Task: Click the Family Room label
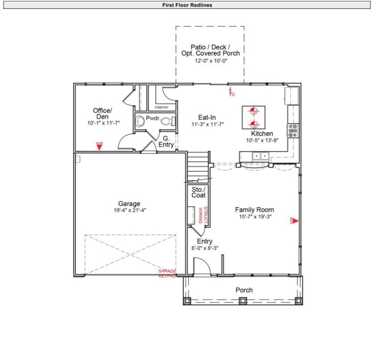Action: (x=254, y=209)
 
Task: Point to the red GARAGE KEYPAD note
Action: (x=167, y=273)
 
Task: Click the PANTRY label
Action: (x=161, y=107)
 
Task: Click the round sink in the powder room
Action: (x=139, y=121)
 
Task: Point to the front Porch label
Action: (x=244, y=290)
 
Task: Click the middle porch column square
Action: (x=243, y=301)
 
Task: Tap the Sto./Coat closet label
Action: (x=199, y=192)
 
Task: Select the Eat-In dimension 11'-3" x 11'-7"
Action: (x=208, y=124)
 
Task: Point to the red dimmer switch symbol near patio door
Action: (x=231, y=92)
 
